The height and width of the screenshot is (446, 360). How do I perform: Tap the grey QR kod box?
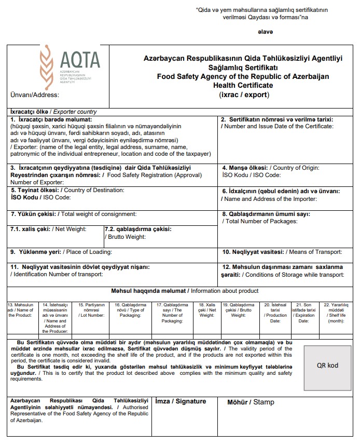(x=327, y=365)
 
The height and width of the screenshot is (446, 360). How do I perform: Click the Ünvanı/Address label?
(x=35, y=95)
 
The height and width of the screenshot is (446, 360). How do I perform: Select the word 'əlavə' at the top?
(x=265, y=32)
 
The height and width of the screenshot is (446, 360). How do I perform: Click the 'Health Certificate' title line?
(x=243, y=85)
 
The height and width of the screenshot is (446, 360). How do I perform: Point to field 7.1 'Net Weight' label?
(x=49, y=229)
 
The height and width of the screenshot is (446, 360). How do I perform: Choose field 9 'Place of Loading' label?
(x=61, y=252)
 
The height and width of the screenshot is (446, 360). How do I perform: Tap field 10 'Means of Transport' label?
(x=282, y=252)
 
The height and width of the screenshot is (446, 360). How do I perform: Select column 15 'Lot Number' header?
(x=92, y=310)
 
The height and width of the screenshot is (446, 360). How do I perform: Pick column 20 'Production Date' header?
(x=275, y=313)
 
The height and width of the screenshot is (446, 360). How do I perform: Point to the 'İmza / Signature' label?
(x=181, y=401)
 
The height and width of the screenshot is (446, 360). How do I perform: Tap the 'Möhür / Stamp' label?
(x=251, y=402)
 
